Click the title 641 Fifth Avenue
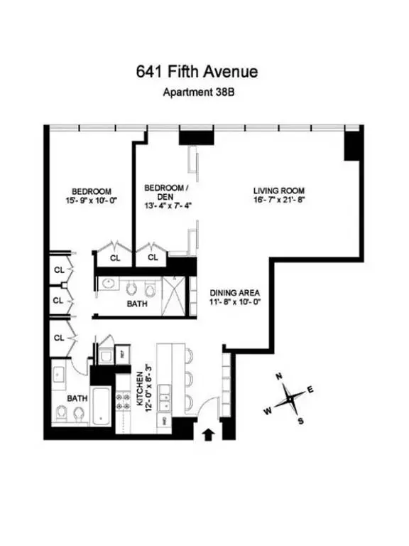coord(197,71)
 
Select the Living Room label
coord(279,191)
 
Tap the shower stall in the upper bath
coord(175,291)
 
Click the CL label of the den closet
coord(153,258)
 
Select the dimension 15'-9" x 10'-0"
coord(92,201)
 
